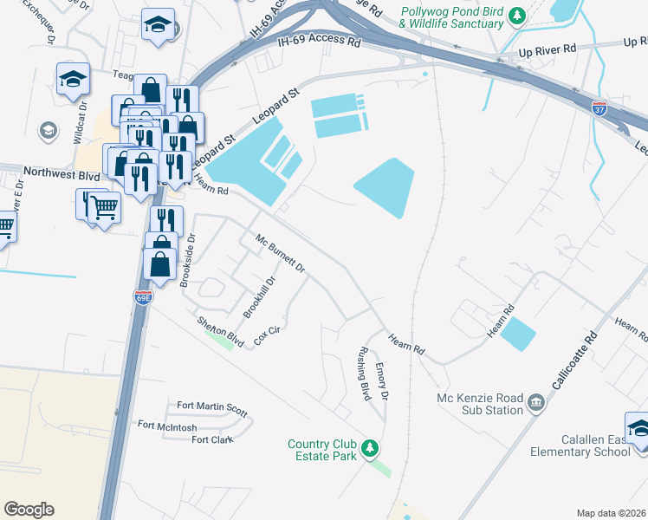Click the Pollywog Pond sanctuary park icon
(517, 16)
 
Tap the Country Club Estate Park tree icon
(370, 448)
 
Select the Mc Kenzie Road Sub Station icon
(535, 402)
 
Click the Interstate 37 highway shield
(599, 108)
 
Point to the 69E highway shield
(143, 297)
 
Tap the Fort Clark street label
(212, 439)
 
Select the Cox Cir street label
(267, 335)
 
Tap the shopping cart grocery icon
(104, 207)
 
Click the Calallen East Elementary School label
(587, 445)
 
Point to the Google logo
(29, 510)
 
